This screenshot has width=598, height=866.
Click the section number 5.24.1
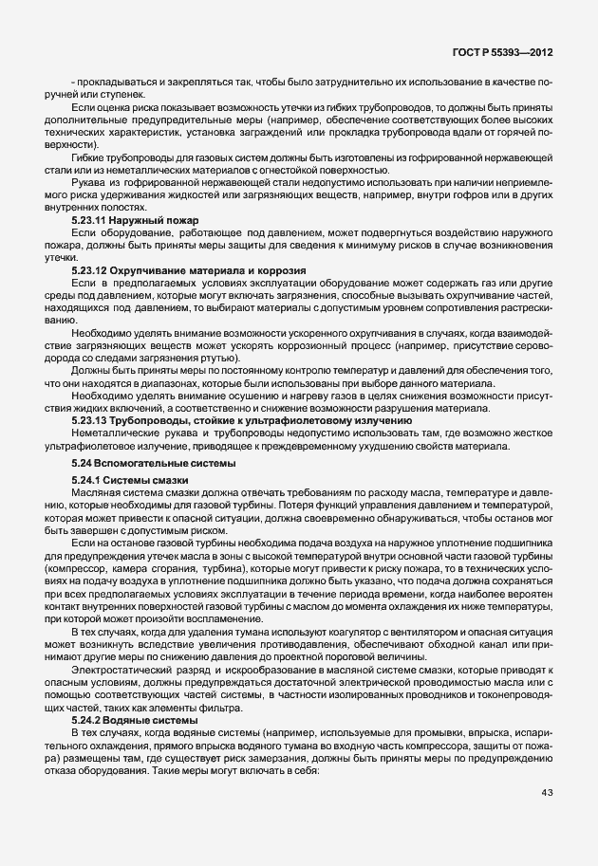(x=88, y=482)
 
